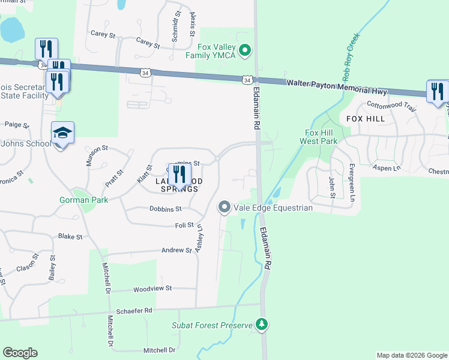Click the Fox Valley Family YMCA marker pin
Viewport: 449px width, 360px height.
pos(244,50)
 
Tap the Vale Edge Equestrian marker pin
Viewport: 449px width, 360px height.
pos(224,208)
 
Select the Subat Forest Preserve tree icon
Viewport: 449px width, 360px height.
pos(261,325)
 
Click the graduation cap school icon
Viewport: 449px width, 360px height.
pos(62,133)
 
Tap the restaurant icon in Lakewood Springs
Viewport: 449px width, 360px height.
pos(179,175)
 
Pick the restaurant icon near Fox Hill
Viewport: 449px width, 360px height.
pos(437,91)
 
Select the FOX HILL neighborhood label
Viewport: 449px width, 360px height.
pos(366,119)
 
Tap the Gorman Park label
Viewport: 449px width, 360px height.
pos(83,200)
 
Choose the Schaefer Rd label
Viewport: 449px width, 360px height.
pos(135,311)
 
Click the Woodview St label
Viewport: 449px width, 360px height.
pos(152,289)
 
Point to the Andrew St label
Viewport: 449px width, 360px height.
pos(175,250)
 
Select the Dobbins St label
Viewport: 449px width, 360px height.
pos(165,209)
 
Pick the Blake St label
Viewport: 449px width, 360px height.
pos(70,236)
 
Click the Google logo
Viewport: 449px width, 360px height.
pos(20,352)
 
